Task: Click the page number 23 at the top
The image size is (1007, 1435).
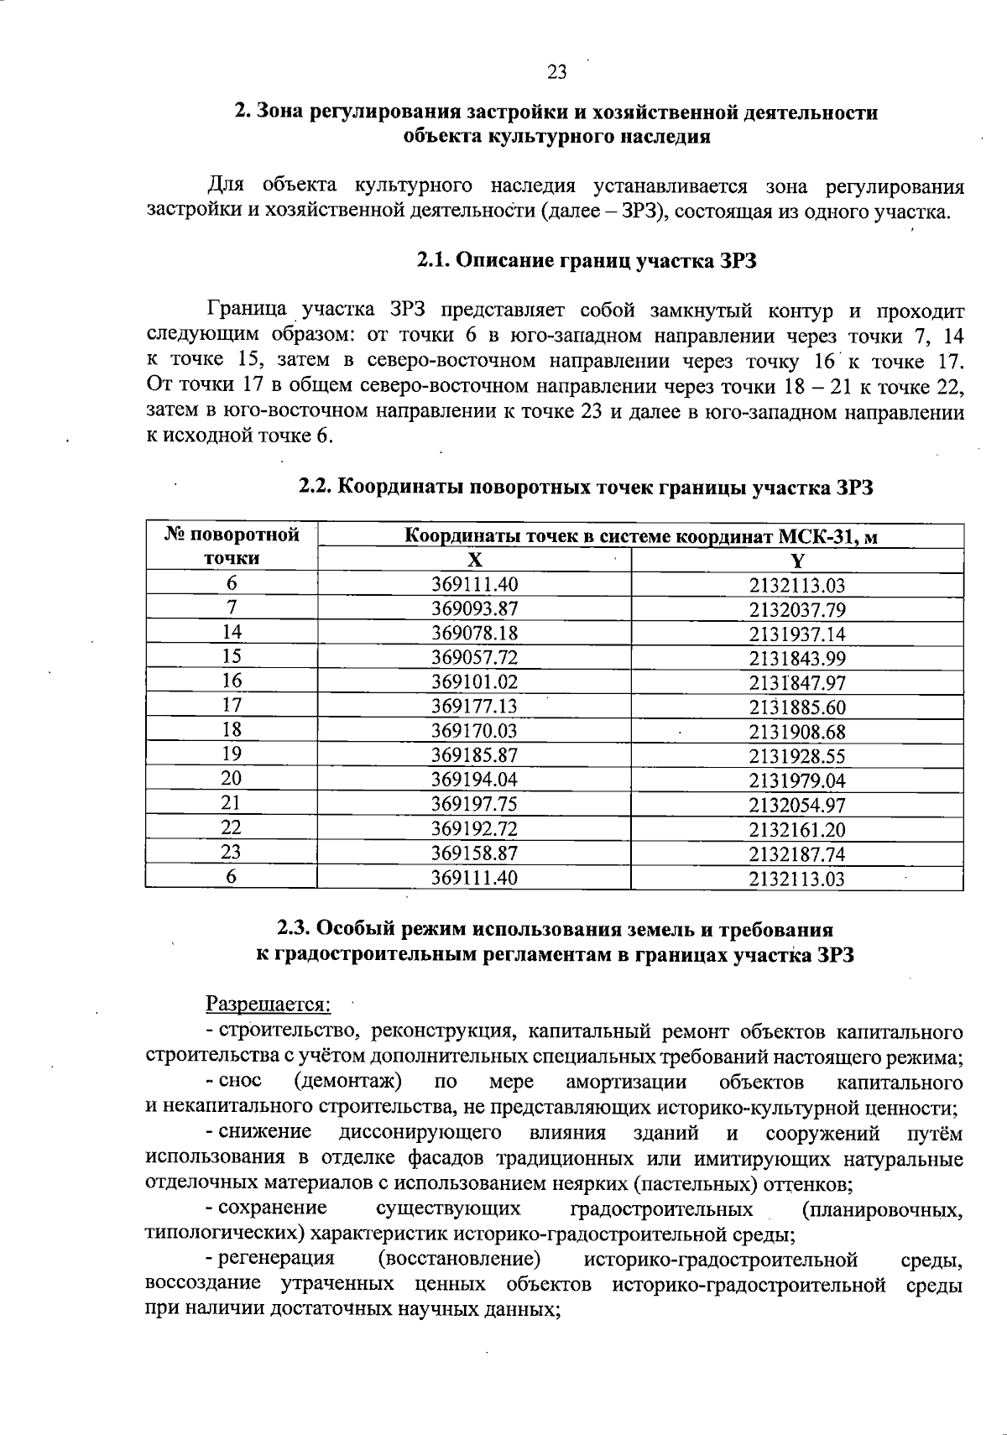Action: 557,73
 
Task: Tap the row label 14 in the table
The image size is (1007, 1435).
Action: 231,633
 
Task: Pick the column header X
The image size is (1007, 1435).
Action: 474,561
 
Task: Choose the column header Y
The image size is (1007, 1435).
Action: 796,561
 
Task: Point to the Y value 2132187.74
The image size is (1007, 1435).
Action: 796,854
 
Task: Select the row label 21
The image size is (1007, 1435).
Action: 231,804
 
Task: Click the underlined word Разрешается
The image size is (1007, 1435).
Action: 269,1004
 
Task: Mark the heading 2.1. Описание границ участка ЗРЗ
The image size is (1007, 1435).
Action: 587,261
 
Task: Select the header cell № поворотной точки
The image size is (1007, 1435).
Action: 231,546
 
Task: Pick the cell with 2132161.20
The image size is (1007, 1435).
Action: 796,830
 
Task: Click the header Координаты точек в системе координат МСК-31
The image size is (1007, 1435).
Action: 641,536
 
